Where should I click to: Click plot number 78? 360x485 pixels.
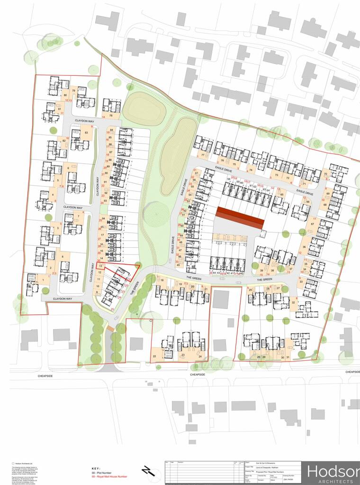tap(110, 116)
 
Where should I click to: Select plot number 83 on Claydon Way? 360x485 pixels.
tap(86, 133)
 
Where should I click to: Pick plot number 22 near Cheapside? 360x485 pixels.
tap(154, 356)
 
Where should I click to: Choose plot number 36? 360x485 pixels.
tap(304, 247)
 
